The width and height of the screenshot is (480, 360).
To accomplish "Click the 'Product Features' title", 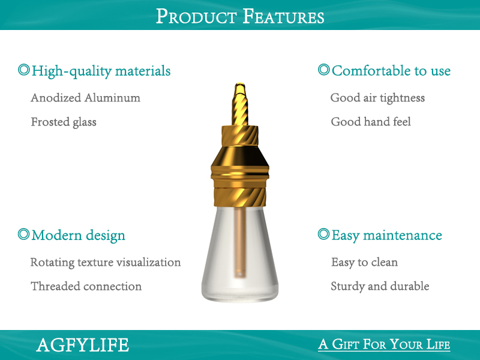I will click(240, 16).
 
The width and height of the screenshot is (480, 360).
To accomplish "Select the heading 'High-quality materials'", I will click(101, 71).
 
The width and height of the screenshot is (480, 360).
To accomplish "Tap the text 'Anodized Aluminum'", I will click(85, 98).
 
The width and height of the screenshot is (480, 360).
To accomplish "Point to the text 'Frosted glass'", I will click(64, 122).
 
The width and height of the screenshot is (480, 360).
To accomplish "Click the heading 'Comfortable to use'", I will click(391, 71).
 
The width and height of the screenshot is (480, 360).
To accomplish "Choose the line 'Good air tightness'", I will click(377, 98).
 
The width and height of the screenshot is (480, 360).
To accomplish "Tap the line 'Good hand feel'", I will click(371, 122).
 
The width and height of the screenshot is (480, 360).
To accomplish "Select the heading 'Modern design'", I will click(78, 235).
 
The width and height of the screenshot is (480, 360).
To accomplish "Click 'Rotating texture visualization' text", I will click(106, 262).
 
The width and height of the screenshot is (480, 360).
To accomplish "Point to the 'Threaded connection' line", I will click(86, 286).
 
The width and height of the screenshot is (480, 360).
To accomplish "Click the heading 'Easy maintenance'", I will click(386, 235).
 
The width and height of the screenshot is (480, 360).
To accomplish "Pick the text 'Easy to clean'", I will click(364, 262).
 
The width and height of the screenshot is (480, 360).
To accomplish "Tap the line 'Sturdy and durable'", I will click(380, 286).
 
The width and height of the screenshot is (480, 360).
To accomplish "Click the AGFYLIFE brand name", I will click(82, 345).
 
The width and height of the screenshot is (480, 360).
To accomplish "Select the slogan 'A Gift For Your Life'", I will click(384, 344).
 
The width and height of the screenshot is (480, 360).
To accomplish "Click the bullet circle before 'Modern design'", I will click(23, 234).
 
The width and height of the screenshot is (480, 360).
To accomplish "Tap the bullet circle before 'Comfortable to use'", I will click(323, 70).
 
